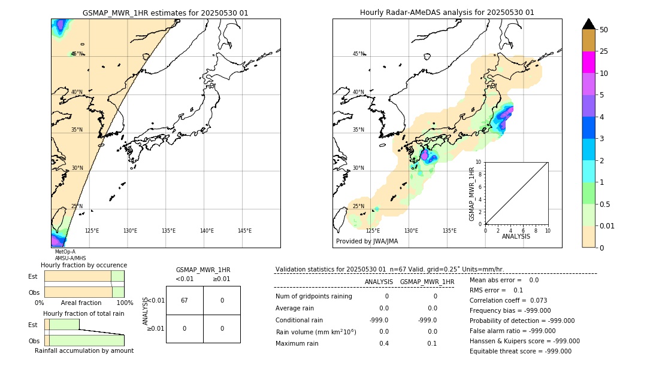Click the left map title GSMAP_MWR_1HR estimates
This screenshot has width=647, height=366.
click(x=165, y=13)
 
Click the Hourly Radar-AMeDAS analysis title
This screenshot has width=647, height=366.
click(x=447, y=13)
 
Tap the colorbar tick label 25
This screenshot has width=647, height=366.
click(x=604, y=51)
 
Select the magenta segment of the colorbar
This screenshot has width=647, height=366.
click(x=588, y=62)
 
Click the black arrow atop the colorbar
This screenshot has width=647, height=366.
click(x=588, y=24)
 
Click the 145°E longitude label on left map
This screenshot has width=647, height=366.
click(x=244, y=231)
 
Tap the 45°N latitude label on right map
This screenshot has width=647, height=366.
click(x=358, y=54)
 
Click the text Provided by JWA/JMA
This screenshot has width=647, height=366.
click(x=367, y=241)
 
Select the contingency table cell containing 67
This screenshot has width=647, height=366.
click(x=184, y=300)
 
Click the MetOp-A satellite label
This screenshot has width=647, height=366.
click(x=65, y=252)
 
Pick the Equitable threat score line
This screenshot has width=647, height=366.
click(x=520, y=351)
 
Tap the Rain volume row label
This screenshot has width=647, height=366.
click(x=316, y=332)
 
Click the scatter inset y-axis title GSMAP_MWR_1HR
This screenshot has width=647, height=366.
click(x=472, y=194)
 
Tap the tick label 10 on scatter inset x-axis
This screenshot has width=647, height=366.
click(x=548, y=230)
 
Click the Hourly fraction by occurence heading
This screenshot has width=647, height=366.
click(x=84, y=265)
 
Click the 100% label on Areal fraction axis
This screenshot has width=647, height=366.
click(x=125, y=303)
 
